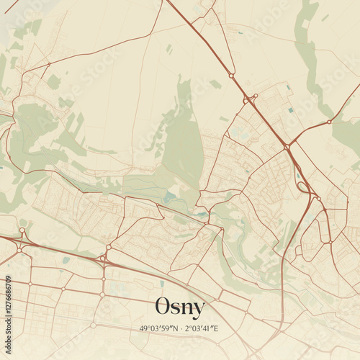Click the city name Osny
pyautogui.click(x=180, y=307)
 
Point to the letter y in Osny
pyautogui.click(x=198, y=310)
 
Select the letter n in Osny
pyautogui.click(x=188, y=309)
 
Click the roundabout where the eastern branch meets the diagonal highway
pyautogui.click(x=287, y=147)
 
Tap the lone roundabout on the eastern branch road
pyautogui.click(x=328, y=122)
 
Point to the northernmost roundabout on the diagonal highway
pyautogui.click(x=232, y=75)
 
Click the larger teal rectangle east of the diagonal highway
pyautogui.click(x=290, y=109)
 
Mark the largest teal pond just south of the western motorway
pyautogui.click(x=66, y=260)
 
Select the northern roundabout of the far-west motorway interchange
pyautogui.click(x=22, y=230)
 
